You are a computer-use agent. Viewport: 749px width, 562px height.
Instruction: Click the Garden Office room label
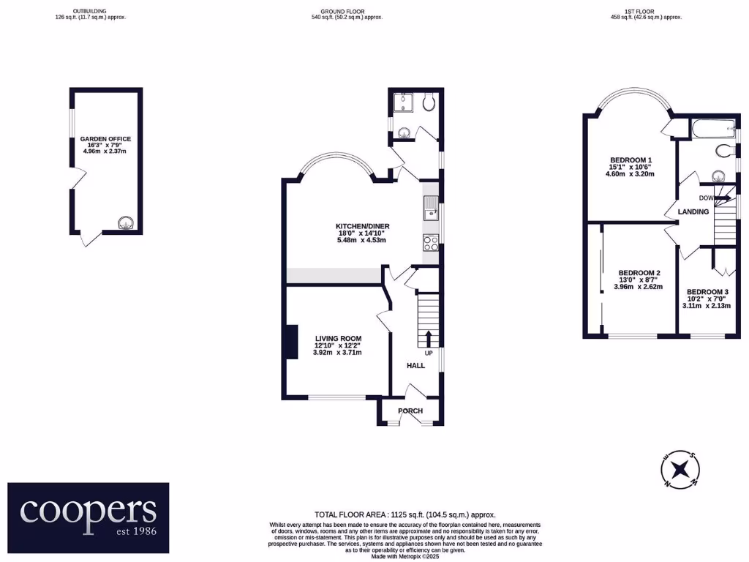(x=106, y=138)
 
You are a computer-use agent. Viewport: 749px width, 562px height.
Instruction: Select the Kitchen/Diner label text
(x=355, y=227)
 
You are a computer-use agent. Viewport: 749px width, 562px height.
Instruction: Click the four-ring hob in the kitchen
(x=430, y=244)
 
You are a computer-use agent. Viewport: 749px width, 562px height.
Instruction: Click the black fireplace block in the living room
(x=291, y=342)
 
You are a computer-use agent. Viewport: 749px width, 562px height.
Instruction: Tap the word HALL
(x=415, y=365)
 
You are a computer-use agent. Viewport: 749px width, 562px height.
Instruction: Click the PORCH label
(x=410, y=411)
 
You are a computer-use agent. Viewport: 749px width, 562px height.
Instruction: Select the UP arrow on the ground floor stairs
(x=428, y=338)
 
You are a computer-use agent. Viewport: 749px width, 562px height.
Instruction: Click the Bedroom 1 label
(x=631, y=160)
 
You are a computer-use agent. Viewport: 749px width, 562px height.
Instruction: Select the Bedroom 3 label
(x=707, y=291)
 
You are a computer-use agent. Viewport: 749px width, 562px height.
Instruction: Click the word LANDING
(x=693, y=211)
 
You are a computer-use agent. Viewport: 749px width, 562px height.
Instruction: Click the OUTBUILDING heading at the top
(x=90, y=12)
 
